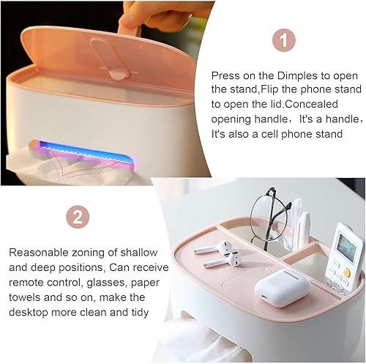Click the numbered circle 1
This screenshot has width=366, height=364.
(x=284, y=40)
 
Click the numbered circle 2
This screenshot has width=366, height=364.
(x=78, y=217)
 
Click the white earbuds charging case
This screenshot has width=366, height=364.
(x=283, y=288)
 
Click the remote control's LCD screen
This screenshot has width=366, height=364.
(x=347, y=246)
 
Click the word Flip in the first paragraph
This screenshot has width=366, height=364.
(x=269, y=90)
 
